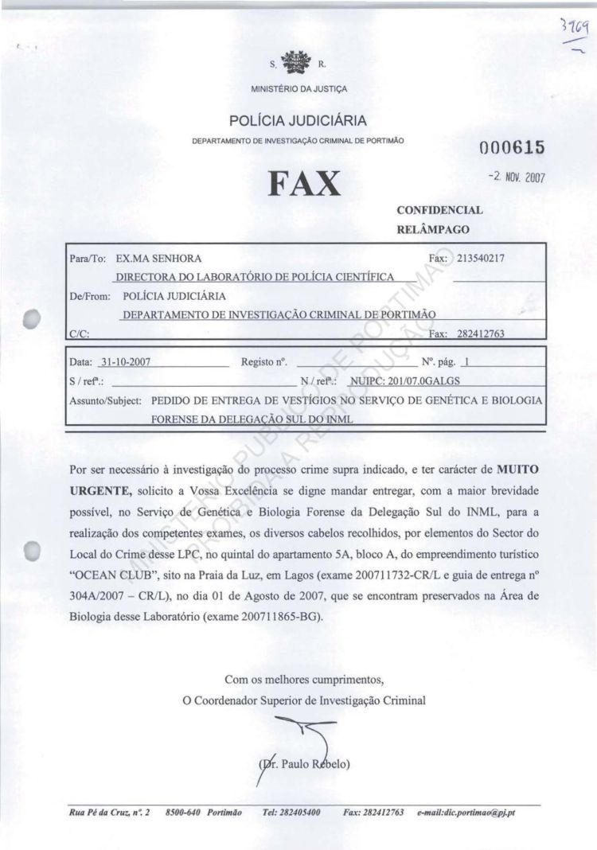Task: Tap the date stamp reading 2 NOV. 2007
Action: tap(517, 177)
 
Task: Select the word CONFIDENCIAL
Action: tap(439, 211)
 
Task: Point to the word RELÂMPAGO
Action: tap(433, 229)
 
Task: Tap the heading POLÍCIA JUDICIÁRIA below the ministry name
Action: tap(298, 121)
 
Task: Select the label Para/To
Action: tap(88, 259)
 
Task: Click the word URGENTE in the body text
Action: tap(95, 487)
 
